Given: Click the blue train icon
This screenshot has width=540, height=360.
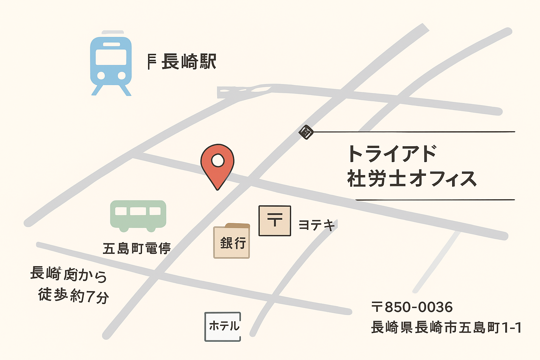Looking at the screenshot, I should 111,63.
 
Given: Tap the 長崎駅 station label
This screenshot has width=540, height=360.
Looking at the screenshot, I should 189,62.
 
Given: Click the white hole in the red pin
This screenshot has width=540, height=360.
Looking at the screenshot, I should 218,161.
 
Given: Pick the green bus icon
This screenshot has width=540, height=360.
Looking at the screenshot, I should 138,215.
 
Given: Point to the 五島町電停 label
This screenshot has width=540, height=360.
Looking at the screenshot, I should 136,249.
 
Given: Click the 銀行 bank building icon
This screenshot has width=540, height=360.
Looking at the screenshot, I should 232,242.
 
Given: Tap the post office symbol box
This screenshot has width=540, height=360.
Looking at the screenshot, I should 275,220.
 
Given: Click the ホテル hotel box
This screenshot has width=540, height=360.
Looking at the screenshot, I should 223,326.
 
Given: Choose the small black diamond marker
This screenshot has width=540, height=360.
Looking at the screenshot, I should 306,132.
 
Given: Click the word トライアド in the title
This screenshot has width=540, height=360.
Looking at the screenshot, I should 392,154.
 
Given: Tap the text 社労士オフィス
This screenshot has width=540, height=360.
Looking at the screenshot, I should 411,179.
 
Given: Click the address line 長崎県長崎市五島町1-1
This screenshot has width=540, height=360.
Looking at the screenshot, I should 446,327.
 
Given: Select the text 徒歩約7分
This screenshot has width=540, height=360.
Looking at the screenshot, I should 73,295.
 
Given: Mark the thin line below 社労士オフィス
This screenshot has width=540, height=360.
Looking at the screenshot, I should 435,200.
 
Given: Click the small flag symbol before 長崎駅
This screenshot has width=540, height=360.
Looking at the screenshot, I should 151,62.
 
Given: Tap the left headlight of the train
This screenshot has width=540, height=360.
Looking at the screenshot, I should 101,76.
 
